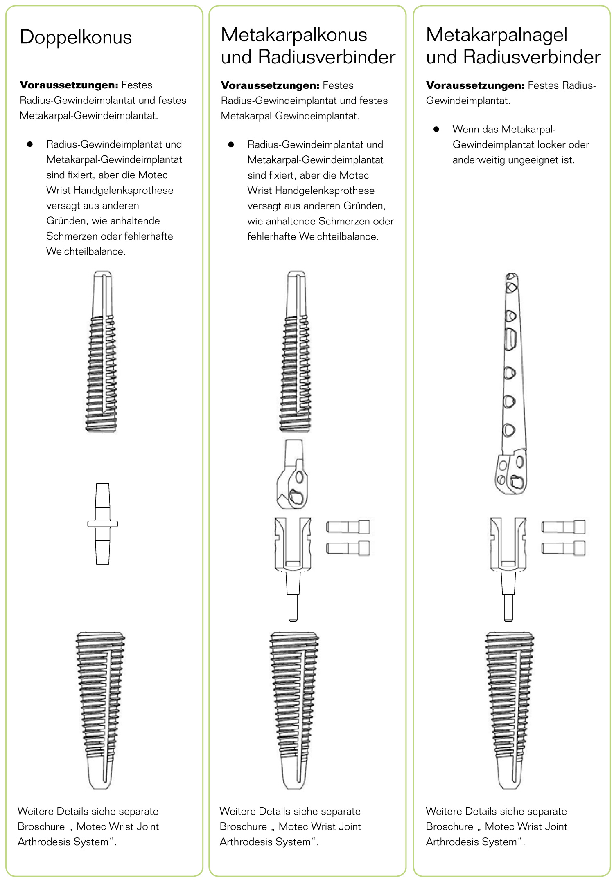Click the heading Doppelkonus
[x=76, y=37]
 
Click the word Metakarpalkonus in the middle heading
[x=294, y=35]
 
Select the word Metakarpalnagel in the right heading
[x=497, y=35]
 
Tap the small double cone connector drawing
[x=102, y=524]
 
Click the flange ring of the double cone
[x=102, y=524]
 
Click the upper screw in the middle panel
[x=348, y=527]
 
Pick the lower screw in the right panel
[x=563, y=548]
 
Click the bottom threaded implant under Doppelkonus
[x=100, y=709]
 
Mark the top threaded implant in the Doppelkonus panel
[x=101, y=352]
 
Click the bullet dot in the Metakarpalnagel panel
[x=436, y=129]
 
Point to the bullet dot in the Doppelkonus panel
[x=30, y=144]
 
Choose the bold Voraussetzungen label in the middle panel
[x=270, y=85]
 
